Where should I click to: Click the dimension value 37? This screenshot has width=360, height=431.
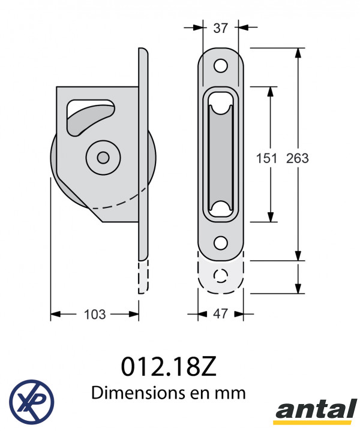[220, 28]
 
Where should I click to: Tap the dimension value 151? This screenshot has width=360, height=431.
[266, 158]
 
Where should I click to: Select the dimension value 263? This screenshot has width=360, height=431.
[298, 158]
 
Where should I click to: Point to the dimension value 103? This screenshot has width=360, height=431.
[95, 315]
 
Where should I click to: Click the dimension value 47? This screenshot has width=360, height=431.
[220, 314]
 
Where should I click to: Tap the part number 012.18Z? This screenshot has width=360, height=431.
[169, 367]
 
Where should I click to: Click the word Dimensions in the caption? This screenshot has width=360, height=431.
[139, 393]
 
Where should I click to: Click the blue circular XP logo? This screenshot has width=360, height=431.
[32, 402]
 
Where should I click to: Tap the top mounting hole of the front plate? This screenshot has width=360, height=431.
[220, 66]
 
